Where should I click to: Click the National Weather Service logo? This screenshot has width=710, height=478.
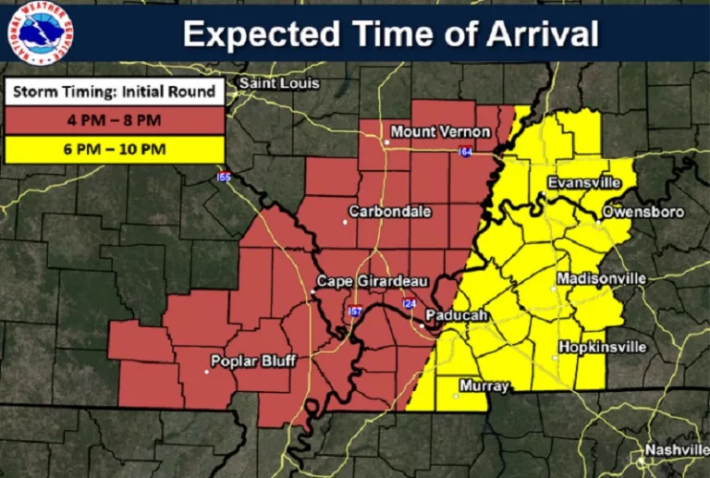(38, 33)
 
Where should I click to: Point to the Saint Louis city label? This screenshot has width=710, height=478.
(279, 83)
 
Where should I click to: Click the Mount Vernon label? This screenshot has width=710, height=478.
(437, 132)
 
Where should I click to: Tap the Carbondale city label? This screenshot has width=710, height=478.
(389, 212)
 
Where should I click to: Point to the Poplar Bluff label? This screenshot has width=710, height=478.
(253, 361)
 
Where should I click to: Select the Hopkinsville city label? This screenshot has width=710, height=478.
(602, 348)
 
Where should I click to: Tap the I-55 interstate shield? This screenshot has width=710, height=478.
(224, 176)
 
